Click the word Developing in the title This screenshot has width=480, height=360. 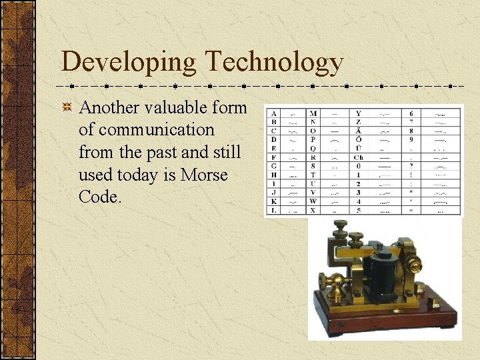click(129, 63)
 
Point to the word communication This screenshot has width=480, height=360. click(146, 130)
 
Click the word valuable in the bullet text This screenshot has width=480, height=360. click(179, 107)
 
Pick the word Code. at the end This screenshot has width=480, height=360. click(100, 198)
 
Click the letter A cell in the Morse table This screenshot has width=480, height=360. click(274, 113)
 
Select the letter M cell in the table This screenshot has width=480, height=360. click(314, 113)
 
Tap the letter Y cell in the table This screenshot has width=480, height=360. click(359, 113)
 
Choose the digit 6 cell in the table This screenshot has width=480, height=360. click(411, 113)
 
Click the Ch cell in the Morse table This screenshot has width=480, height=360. click(359, 157)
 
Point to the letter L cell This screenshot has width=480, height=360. click(274, 210)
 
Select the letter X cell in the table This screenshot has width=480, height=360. click(314, 210)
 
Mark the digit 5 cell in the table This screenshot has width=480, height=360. click(359, 210)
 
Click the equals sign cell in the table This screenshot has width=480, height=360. click(411, 210)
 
